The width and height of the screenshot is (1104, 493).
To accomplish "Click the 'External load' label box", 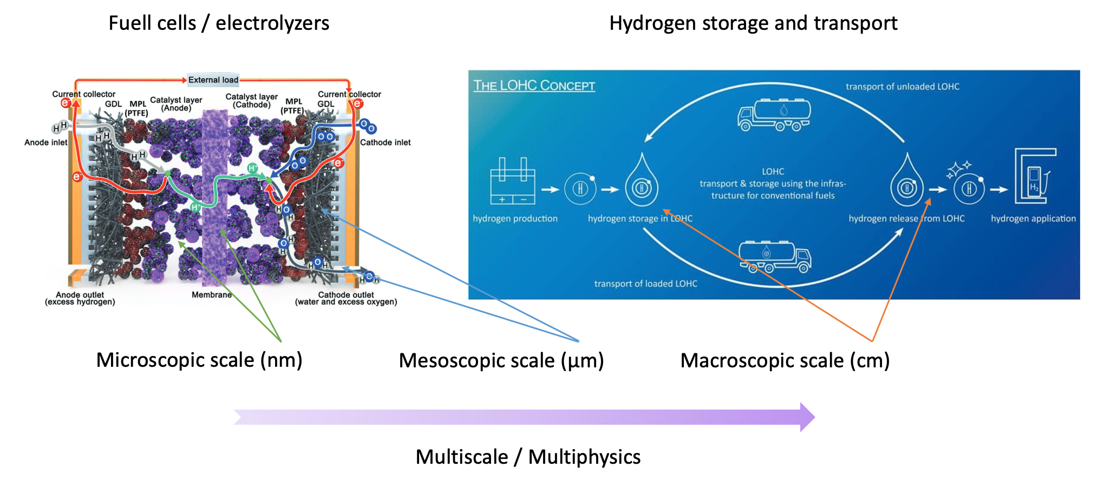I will [x=213, y=80].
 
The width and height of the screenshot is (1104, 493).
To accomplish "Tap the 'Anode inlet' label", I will [x=45, y=142].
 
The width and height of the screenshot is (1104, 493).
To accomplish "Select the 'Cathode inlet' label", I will [x=385, y=142].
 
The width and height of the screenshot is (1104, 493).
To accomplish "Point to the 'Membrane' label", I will [x=211, y=295].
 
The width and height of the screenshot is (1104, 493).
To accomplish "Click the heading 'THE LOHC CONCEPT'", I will [x=534, y=86].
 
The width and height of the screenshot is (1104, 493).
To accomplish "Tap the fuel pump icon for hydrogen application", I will [x=1035, y=176].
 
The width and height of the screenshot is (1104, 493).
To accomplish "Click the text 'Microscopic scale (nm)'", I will [x=199, y=360].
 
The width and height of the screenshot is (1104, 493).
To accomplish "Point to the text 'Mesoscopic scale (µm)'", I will [x=501, y=361].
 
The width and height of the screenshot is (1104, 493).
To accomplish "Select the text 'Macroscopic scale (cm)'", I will [x=785, y=361].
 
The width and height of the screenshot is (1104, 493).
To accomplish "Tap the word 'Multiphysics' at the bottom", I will [x=584, y=457].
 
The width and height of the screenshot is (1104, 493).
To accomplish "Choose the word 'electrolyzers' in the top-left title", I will [x=272, y=23].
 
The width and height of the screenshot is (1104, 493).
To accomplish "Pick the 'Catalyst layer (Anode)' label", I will [x=176, y=104].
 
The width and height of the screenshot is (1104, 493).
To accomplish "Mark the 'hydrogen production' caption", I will [x=515, y=219].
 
